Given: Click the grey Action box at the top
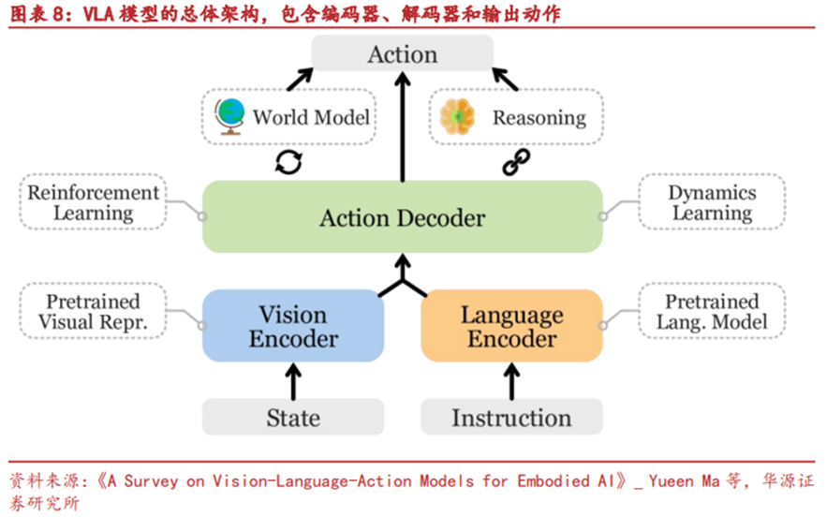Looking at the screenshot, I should tap(403, 53).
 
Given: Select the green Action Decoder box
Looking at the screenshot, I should tap(403, 217).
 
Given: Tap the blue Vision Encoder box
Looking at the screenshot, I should tap(293, 326).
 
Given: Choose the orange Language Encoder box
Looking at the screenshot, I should tap(511, 326).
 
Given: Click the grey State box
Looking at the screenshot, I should tap(293, 418).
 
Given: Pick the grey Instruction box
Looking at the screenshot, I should tap(511, 418).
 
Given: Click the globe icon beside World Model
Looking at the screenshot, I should tap(229, 117).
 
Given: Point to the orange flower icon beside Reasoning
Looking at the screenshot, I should tap(458, 117).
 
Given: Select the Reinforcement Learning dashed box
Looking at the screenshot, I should tap(93, 202).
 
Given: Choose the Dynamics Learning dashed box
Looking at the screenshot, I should tap(711, 202).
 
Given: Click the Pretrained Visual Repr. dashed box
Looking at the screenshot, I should tap(93, 312).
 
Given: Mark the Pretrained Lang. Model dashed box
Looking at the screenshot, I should tap(711, 312).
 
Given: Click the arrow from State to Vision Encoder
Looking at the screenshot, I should tap(293, 381).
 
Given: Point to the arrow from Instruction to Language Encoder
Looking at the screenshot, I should tap(511, 381).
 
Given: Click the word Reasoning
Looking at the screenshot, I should tap(539, 118).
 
